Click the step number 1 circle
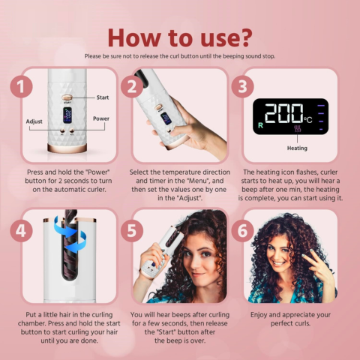(22, 87)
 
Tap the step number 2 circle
(132, 87)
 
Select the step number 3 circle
(241, 87)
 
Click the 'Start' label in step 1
(103, 97)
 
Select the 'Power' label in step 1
(101, 118)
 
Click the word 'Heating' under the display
(297, 148)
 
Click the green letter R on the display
(260, 124)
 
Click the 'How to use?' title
(179, 36)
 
